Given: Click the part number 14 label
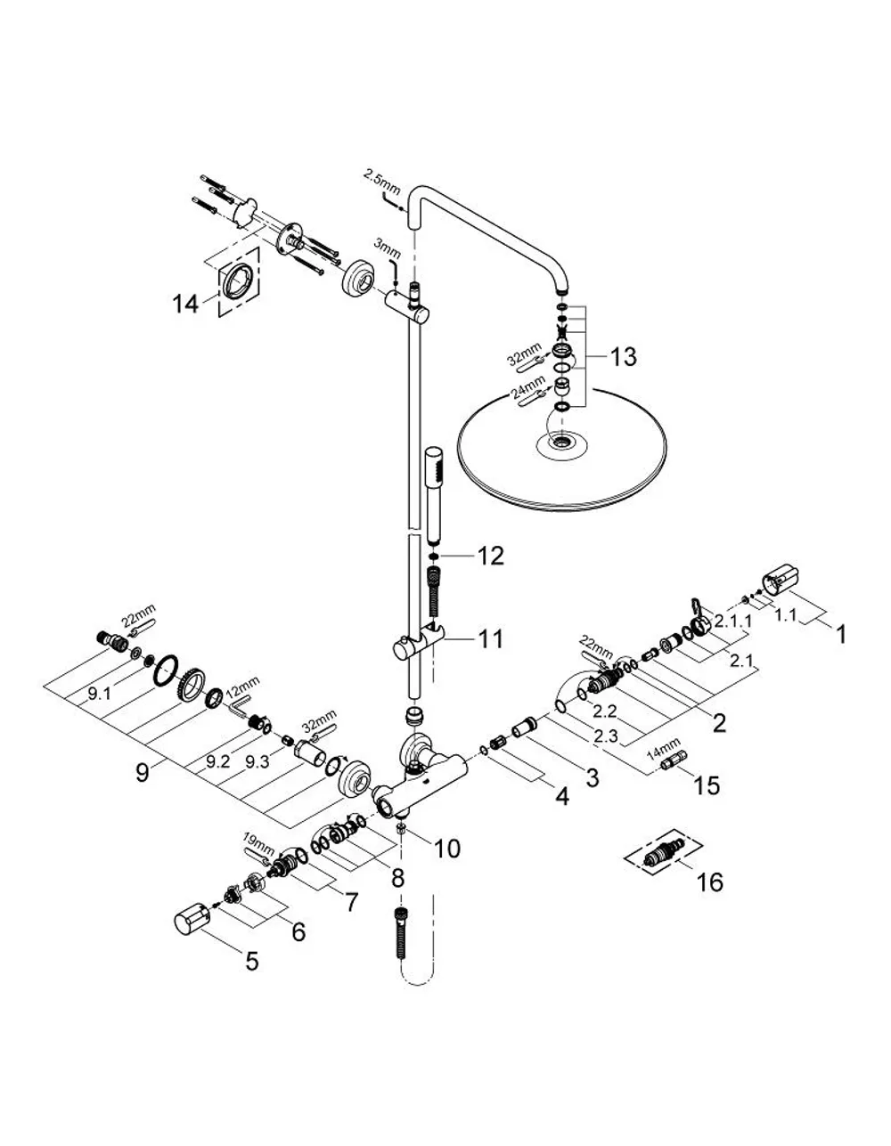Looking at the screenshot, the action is point(185,305).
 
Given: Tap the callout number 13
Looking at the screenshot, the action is point(623,357).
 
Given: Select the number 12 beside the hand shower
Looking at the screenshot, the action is point(490,557).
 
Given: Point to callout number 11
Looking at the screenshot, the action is point(490,639).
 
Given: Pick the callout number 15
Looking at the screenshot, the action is point(707,786).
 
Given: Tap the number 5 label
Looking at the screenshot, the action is point(252,961).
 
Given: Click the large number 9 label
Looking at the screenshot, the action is point(143,773).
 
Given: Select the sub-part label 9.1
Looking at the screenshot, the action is point(99,694).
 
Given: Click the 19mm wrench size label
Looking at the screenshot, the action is point(258,850).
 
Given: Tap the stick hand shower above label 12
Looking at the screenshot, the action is point(434,497).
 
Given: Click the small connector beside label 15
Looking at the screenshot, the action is point(672,762).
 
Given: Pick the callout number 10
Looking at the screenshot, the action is point(446,849).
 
